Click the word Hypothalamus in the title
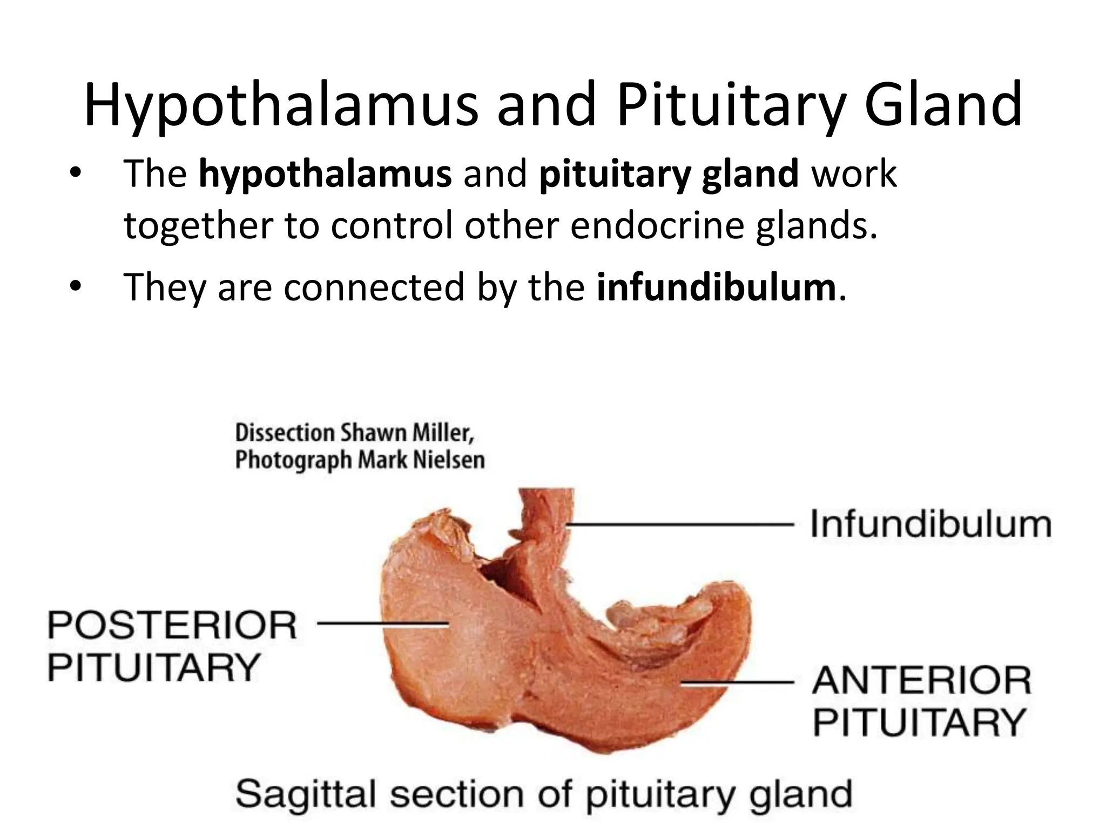point(281,105)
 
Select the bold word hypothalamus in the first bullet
point(325,174)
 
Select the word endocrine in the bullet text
point(657,226)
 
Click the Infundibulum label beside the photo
point(931,524)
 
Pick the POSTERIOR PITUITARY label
point(172,646)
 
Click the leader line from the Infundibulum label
point(680,524)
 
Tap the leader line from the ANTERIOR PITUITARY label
point(737,682)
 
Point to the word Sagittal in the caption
point(307,795)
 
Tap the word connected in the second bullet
point(374,287)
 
